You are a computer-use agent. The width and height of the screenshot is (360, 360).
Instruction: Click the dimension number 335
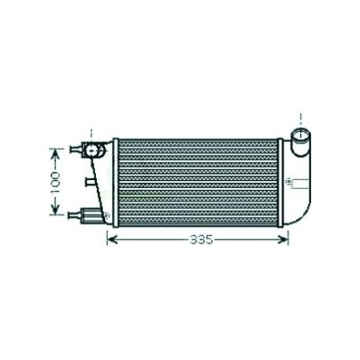point(202,240)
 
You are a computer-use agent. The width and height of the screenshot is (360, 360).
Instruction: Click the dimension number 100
point(55,183)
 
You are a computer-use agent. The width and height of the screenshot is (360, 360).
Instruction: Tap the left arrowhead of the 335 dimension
point(112,240)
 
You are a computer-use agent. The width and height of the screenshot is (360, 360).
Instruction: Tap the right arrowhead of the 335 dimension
point(284,240)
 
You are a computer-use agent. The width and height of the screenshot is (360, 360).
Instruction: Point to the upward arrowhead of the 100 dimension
point(55,154)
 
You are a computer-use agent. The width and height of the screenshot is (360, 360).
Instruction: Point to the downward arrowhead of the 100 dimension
point(55,210)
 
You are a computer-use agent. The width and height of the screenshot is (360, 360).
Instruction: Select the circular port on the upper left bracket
point(91,149)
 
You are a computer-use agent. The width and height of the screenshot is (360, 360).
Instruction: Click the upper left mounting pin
point(75,149)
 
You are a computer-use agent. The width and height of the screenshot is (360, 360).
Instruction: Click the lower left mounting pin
point(75,215)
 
